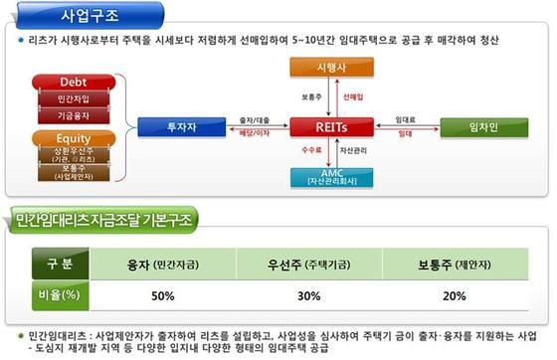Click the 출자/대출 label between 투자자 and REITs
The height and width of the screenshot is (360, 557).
[253, 117]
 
